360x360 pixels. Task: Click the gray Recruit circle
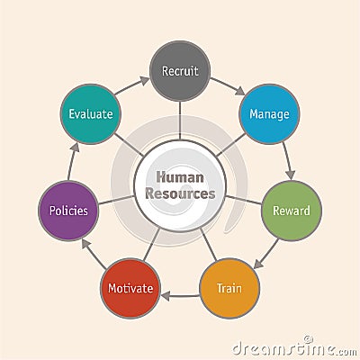(x=180, y=71)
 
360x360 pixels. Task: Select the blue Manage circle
(x=269, y=114)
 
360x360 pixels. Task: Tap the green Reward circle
(x=292, y=211)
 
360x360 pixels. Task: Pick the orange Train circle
(x=229, y=288)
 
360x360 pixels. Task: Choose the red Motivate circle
(x=130, y=288)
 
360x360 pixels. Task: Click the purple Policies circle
(x=68, y=211)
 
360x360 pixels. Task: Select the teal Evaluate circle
(x=91, y=114)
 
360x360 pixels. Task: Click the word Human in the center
(x=180, y=177)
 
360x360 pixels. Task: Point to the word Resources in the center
(x=180, y=193)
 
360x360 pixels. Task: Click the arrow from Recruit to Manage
(x=228, y=86)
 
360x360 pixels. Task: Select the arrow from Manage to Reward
(x=287, y=161)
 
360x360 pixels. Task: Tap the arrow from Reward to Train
(x=265, y=254)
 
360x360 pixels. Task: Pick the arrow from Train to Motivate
(x=180, y=296)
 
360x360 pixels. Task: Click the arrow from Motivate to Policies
(x=94, y=254)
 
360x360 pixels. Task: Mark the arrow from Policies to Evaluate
(x=73, y=161)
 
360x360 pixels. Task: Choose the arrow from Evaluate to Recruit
(x=132, y=86)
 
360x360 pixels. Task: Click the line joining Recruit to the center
(x=180, y=121)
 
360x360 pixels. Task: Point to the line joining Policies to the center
(x=116, y=200)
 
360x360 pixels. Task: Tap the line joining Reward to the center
(x=243, y=200)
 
